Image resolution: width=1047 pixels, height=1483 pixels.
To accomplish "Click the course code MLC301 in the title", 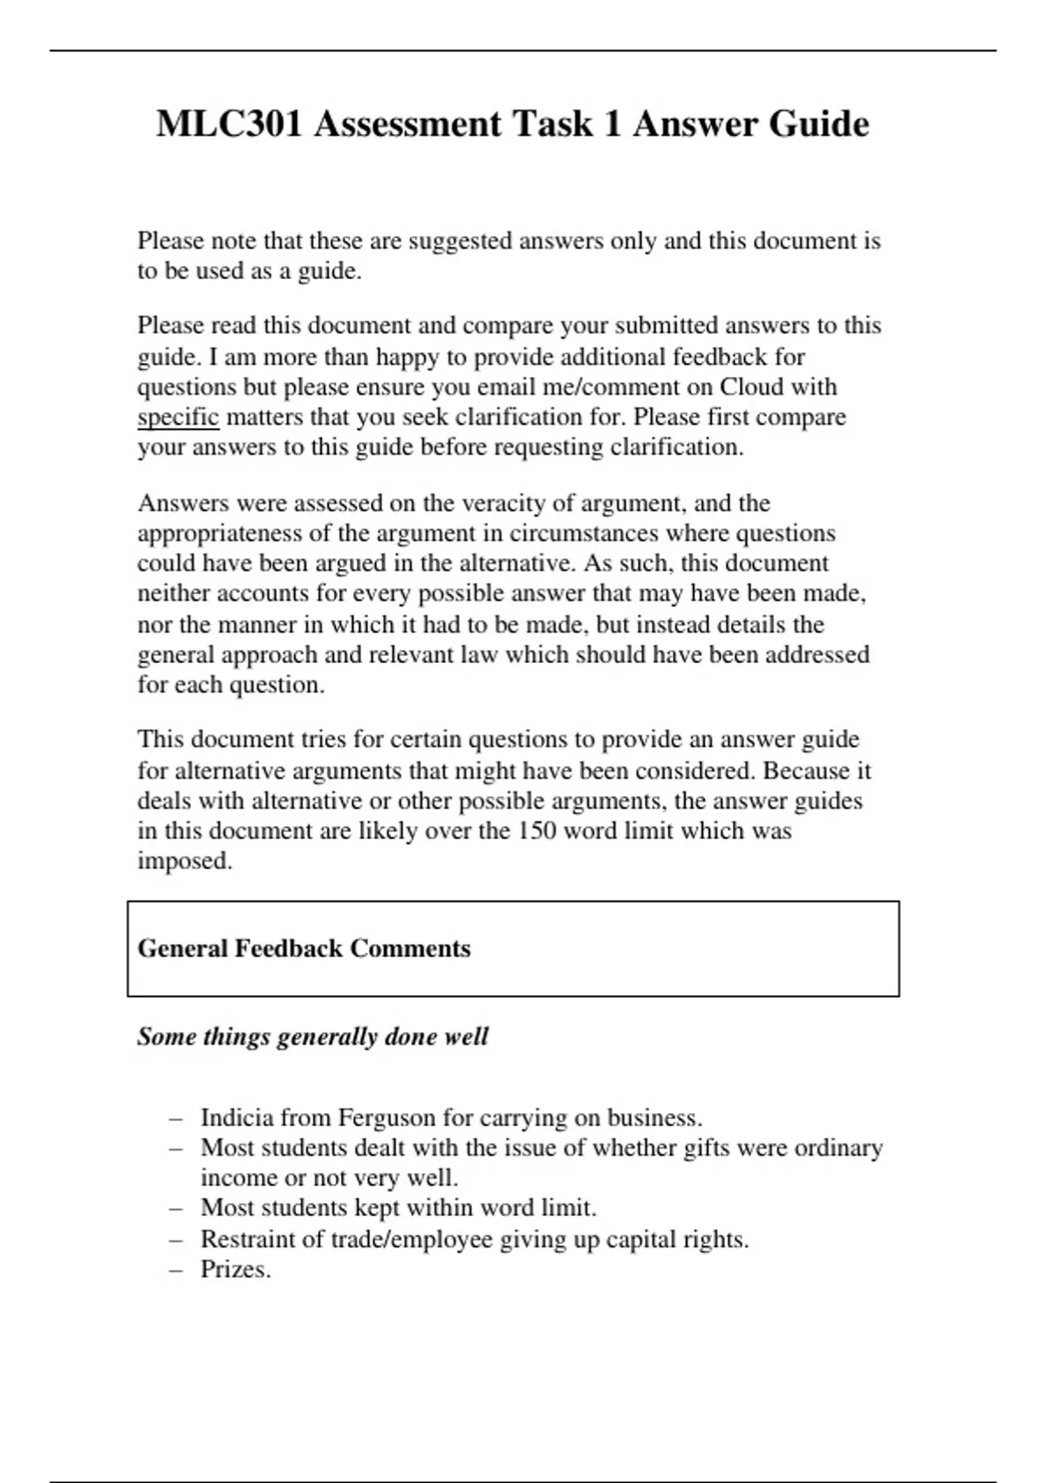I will coord(229,124).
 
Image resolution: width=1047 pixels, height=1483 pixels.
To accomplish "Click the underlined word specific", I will coord(178,417).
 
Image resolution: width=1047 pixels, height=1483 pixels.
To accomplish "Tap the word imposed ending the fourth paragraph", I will coord(184,861).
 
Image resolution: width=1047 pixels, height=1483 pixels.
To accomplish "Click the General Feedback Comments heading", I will coord(304,948).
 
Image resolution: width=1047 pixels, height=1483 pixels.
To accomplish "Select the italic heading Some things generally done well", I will coord(312,1036).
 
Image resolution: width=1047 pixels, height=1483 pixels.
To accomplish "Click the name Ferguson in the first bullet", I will coord(387,1117).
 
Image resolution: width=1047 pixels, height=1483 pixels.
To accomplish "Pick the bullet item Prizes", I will coord(236,1269).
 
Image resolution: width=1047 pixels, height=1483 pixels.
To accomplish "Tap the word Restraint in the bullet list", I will coord(242,1240).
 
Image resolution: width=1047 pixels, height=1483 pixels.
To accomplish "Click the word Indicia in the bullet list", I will coord(234,1117).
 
